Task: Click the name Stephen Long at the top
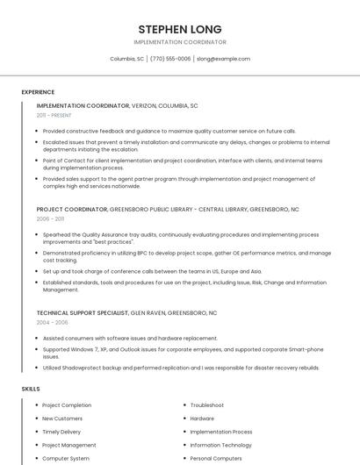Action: (180, 29)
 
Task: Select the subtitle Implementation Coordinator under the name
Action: (180, 42)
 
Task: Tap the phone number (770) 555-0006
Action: (170, 59)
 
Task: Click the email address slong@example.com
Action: (223, 59)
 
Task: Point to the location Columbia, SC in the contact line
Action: (126, 59)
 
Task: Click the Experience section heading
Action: (38, 92)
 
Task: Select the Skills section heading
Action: (31, 388)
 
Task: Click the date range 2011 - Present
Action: (54, 115)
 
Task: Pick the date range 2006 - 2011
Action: (50, 219)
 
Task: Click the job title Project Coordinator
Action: (72, 210)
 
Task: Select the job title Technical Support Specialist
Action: (82, 312)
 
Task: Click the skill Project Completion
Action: (67, 405)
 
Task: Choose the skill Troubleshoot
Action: (207, 405)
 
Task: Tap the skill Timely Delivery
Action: (61, 432)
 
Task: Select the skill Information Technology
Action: (221, 445)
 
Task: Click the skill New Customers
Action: (62, 418)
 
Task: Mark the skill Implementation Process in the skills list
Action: (221, 432)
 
